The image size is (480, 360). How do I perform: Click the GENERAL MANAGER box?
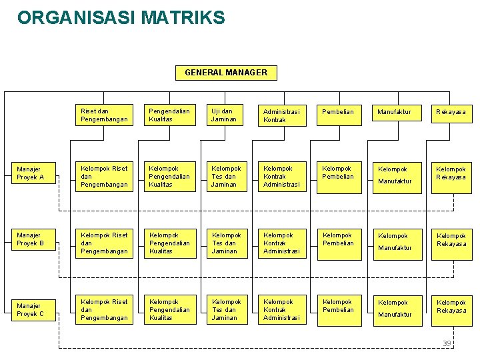(226, 73)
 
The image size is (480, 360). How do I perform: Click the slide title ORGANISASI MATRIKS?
(121, 18)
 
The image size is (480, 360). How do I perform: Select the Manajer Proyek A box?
(34, 174)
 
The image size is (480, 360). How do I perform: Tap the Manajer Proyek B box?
(34, 239)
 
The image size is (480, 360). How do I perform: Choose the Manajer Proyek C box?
(34, 309)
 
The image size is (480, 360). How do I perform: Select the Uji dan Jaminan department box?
(226, 115)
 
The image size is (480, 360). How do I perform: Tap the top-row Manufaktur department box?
(397, 113)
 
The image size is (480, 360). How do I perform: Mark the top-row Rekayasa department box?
(451, 113)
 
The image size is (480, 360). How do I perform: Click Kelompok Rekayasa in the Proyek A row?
(451, 175)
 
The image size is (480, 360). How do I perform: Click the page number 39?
(447, 343)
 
